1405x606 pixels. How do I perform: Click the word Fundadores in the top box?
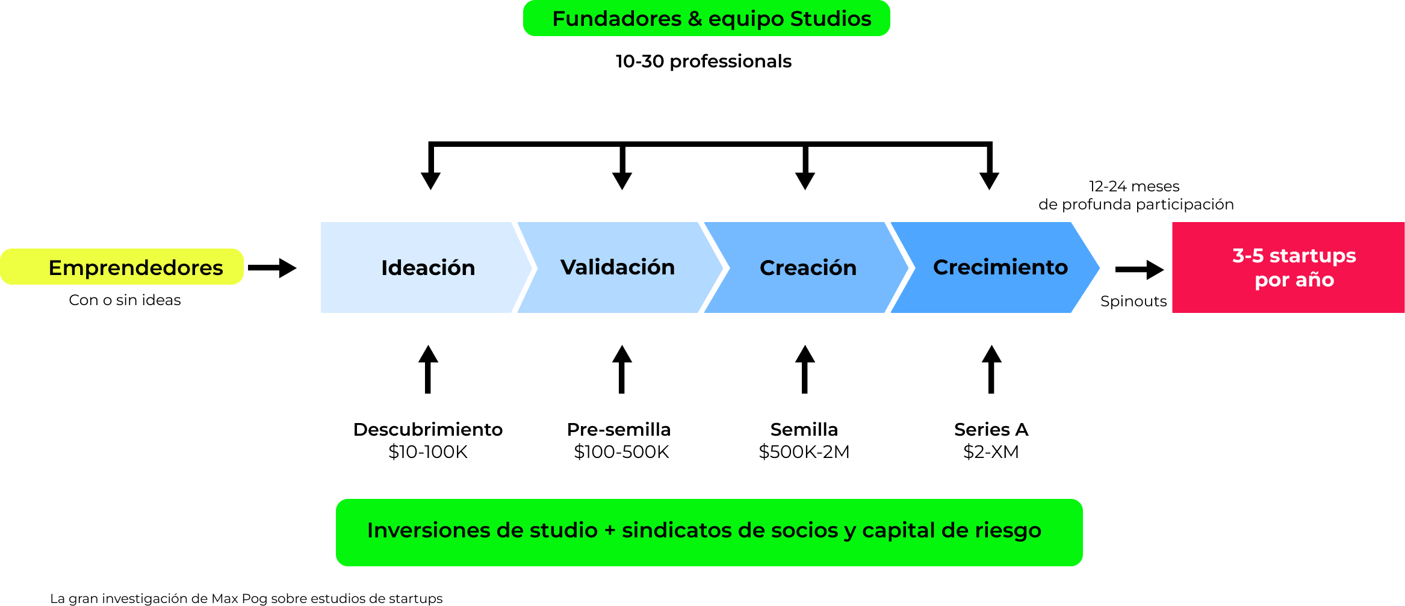tap(616, 19)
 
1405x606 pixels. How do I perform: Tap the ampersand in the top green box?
tap(695, 19)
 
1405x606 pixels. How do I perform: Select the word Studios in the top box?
tap(831, 19)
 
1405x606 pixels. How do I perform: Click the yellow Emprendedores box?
tap(122, 267)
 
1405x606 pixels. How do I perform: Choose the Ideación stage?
tap(427, 268)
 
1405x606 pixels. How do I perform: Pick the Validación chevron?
tap(617, 267)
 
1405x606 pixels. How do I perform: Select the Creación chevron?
tap(807, 268)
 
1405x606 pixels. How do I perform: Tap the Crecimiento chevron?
tap(1000, 267)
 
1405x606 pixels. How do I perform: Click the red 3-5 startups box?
tap(1288, 267)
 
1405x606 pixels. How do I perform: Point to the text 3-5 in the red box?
tap(1248, 256)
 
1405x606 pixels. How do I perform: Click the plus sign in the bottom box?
tap(610, 531)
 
